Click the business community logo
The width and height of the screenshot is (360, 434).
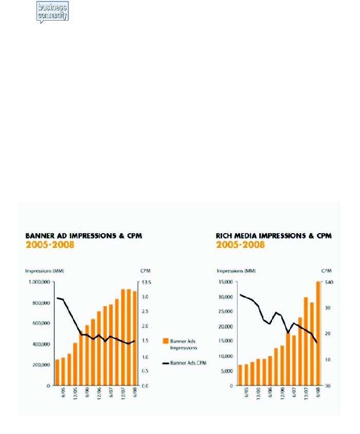pyautogui.click(x=52, y=11)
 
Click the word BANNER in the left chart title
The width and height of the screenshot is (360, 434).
pyautogui.click(x=39, y=236)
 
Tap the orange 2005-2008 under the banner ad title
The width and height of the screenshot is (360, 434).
pyautogui.click(x=50, y=245)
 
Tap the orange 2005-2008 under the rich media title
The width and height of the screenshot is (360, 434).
pyautogui.click(x=241, y=245)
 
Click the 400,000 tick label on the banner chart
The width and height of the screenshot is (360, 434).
pyautogui.click(x=40, y=344)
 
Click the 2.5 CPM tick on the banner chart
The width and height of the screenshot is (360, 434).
pyautogui.click(x=145, y=311)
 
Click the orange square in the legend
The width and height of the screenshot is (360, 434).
pyautogui.click(x=166, y=341)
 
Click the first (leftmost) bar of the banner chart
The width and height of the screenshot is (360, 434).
pyautogui.click(x=58, y=372)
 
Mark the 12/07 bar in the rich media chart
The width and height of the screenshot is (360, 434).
pyautogui.click(x=305, y=341)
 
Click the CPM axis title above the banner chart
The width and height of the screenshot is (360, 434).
pyautogui.click(x=145, y=270)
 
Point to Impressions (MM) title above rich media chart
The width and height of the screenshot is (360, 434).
pyautogui.click(x=235, y=270)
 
